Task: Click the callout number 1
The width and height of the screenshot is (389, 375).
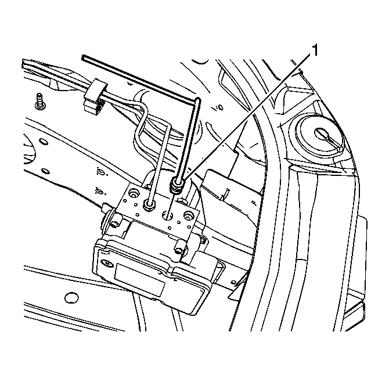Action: (314, 51)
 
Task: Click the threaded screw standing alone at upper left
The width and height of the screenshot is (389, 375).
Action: (39, 101)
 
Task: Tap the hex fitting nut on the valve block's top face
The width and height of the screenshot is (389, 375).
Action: (149, 205)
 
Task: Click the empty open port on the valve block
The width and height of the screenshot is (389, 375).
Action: (167, 215)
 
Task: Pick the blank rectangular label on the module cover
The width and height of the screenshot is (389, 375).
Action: (139, 279)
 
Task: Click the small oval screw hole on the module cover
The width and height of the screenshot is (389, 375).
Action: (107, 262)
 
